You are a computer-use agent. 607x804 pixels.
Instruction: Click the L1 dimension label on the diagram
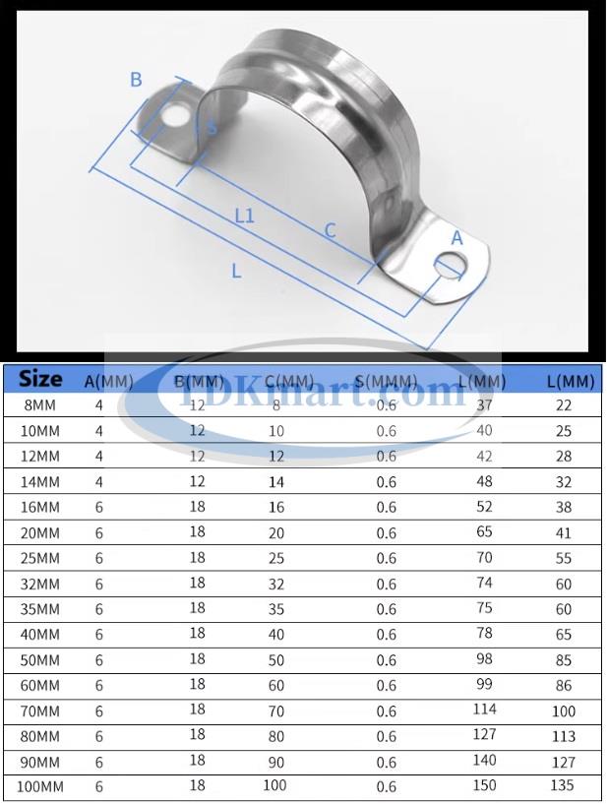[244, 215]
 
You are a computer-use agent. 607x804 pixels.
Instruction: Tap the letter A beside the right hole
[456, 237]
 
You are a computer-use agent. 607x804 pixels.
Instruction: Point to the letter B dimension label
[136, 80]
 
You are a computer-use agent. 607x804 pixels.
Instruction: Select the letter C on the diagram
[331, 230]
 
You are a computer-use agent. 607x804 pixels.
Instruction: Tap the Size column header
[40, 379]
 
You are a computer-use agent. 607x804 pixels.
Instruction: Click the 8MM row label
[40, 405]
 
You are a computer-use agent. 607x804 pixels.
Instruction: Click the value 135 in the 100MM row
[561, 785]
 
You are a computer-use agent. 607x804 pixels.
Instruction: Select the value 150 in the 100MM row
[484, 785]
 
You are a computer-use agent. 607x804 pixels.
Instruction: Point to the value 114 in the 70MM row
[484, 710]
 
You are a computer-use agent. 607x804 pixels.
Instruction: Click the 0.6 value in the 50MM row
[387, 659]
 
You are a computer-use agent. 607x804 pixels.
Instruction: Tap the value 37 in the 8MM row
[484, 404]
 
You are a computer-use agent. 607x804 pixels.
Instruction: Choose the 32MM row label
[40, 584]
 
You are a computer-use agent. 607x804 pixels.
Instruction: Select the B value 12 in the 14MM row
[197, 481]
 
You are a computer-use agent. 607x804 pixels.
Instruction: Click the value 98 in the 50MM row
[484, 658]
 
